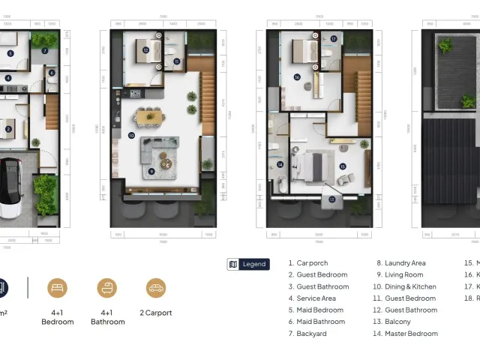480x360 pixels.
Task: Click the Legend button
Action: click(248, 264)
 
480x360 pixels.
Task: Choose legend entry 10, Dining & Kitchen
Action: click(405, 286)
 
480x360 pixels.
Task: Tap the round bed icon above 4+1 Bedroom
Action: click(58, 288)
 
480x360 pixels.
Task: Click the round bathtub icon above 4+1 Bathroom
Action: click(107, 288)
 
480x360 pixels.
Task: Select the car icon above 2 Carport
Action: click(155, 288)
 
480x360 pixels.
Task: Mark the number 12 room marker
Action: click(145, 50)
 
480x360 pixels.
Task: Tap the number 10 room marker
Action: click(131, 136)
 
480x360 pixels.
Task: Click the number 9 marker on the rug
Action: click(151, 171)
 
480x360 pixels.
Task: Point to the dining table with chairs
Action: click(150, 115)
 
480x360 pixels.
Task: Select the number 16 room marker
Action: click(297, 76)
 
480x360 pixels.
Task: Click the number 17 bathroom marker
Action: click(334, 39)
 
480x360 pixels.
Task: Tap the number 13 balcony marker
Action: click(332, 199)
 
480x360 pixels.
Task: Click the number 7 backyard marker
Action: click(44, 51)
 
